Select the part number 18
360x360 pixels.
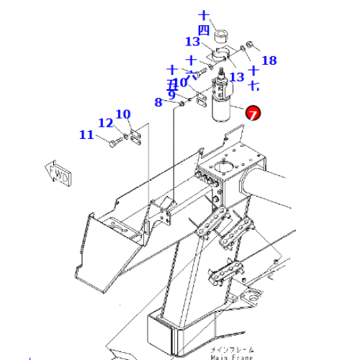[x=269, y=60]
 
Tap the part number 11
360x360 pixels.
[x=86, y=135]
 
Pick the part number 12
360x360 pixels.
[x=105, y=123]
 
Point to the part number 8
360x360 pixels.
[x=158, y=103]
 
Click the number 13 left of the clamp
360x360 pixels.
[x=192, y=42]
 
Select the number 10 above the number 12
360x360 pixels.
[x=122, y=114]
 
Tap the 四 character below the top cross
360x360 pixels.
[x=204, y=30]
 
